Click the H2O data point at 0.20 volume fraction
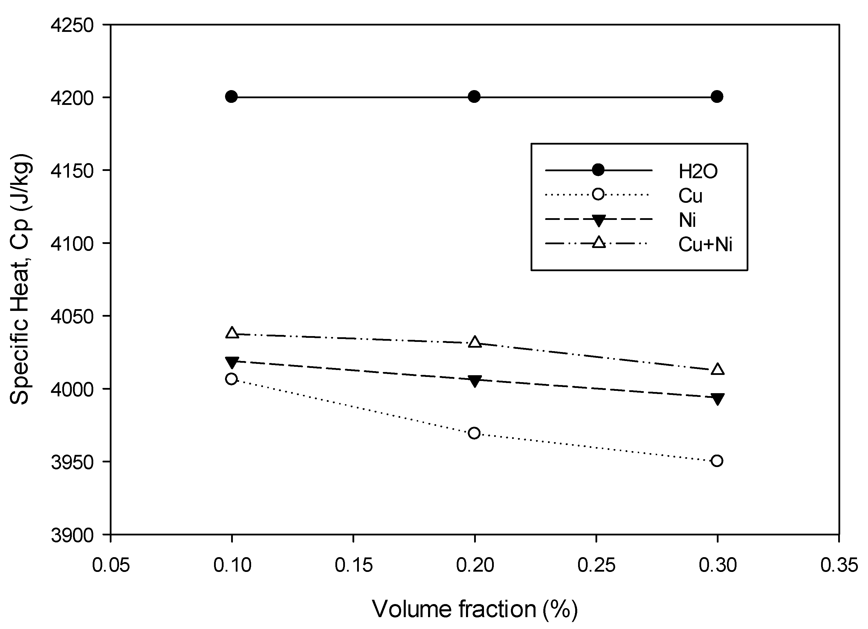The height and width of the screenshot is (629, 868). click(x=474, y=97)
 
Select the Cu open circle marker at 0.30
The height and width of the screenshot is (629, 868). click(x=717, y=461)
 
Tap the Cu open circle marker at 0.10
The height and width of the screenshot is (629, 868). click(x=231, y=379)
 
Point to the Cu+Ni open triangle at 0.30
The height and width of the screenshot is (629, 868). click(x=717, y=369)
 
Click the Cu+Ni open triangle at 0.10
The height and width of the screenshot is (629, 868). click(x=231, y=333)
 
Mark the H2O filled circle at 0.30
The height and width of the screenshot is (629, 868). click(x=717, y=97)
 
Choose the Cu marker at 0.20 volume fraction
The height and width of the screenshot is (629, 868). click(x=474, y=433)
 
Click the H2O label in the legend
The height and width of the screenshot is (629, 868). click(x=698, y=172)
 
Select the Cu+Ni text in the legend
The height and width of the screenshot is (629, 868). click(x=705, y=245)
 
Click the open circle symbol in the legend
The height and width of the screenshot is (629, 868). click(x=598, y=194)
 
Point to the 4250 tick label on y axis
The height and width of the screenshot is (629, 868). click(x=72, y=26)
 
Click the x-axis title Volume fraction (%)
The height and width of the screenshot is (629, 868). click(x=475, y=609)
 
